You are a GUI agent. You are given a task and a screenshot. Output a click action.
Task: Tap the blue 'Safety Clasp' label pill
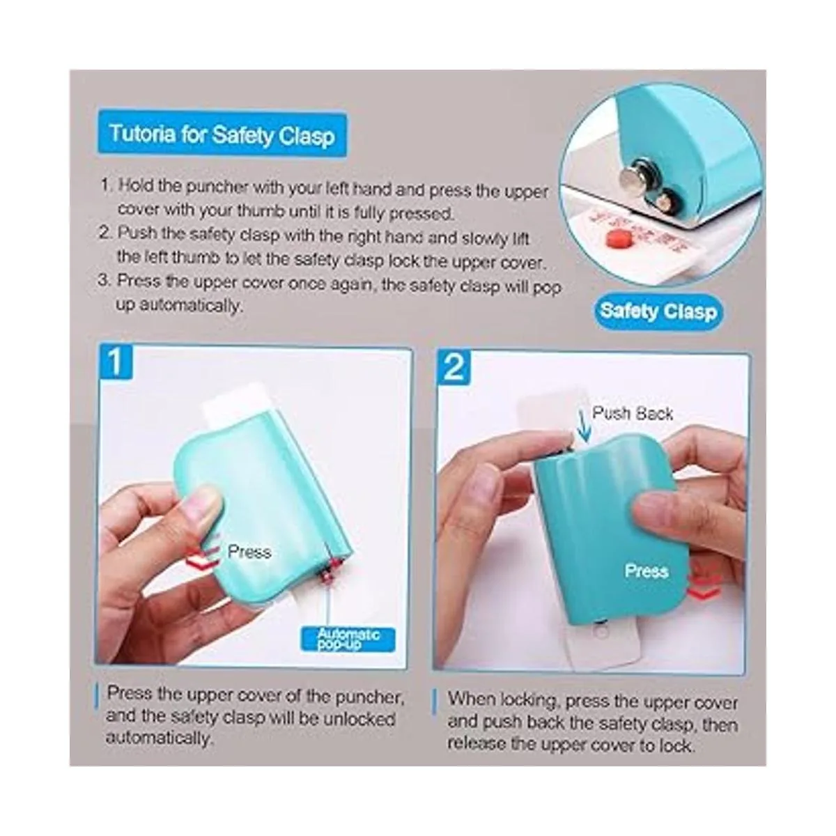(x=658, y=311)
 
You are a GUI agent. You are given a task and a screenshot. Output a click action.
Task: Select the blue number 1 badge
(x=116, y=361)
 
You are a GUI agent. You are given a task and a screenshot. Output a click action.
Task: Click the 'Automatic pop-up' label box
(x=348, y=640)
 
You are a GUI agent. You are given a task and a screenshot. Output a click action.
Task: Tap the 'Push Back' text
(x=633, y=413)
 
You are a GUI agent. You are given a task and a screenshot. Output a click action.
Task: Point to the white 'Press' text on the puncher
(x=646, y=571)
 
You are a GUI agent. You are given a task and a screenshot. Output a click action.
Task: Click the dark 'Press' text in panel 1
(x=249, y=552)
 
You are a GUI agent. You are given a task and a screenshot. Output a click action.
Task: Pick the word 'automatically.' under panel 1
(x=160, y=738)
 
